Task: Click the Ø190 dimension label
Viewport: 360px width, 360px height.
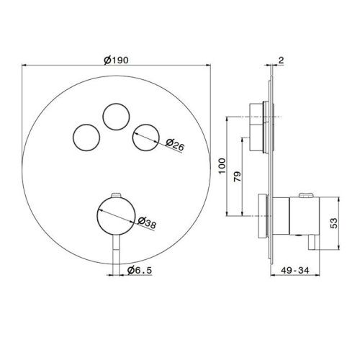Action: [x=116, y=60]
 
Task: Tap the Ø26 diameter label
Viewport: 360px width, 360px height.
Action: [x=175, y=145]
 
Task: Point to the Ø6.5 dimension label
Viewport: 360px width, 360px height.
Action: [x=140, y=271]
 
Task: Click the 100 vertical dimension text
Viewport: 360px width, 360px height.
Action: [x=222, y=166]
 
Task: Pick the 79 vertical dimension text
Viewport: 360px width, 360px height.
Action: [x=238, y=176]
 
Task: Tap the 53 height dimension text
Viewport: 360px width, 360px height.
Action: [x=333, y=223]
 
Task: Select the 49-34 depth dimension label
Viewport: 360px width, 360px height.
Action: [x=295, y=271]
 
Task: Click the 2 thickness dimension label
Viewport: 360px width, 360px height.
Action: [x=281, y=60]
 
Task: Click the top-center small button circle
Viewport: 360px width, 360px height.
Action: [x=116, y=117]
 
